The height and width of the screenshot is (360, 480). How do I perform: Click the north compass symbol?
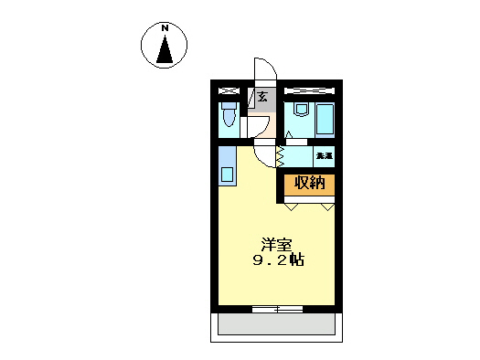coord(165,45)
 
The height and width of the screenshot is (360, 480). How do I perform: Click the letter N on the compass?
coord(165,28)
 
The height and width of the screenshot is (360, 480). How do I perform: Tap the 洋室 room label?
coord(276,244)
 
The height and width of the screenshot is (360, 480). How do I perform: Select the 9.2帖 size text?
coord(277,260)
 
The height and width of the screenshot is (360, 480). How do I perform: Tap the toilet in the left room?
coord(229,117)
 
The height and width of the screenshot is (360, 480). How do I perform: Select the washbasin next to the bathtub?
coord(300,110)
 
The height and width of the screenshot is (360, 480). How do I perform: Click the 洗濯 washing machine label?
coord(324,157)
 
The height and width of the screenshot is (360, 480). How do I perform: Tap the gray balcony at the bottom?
coord(279,325)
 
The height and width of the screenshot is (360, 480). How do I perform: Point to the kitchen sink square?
coord(227,171)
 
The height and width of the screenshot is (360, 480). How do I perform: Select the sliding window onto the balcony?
coord(277,308)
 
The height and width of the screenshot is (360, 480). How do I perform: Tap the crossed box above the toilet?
coord(229,91)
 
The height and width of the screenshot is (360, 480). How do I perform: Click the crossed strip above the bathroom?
coord(311,91)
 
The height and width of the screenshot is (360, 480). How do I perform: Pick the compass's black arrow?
coord(165,51)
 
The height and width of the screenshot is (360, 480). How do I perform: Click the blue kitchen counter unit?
coord(227,164)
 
